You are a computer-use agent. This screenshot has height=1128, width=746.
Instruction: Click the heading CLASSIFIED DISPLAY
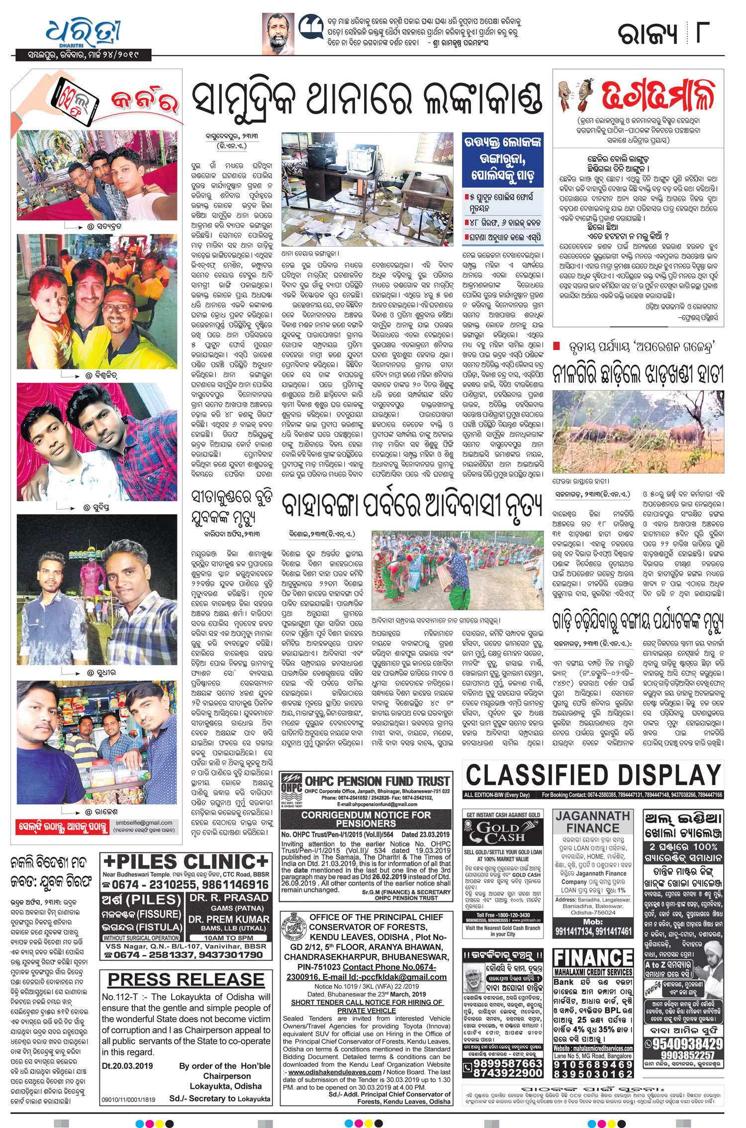[593, 775]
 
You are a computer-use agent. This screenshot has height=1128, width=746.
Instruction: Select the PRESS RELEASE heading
[186, 980]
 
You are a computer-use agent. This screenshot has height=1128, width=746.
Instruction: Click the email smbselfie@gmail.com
[144, 823]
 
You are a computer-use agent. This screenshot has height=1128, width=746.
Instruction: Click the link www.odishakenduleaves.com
[334, 1072]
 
